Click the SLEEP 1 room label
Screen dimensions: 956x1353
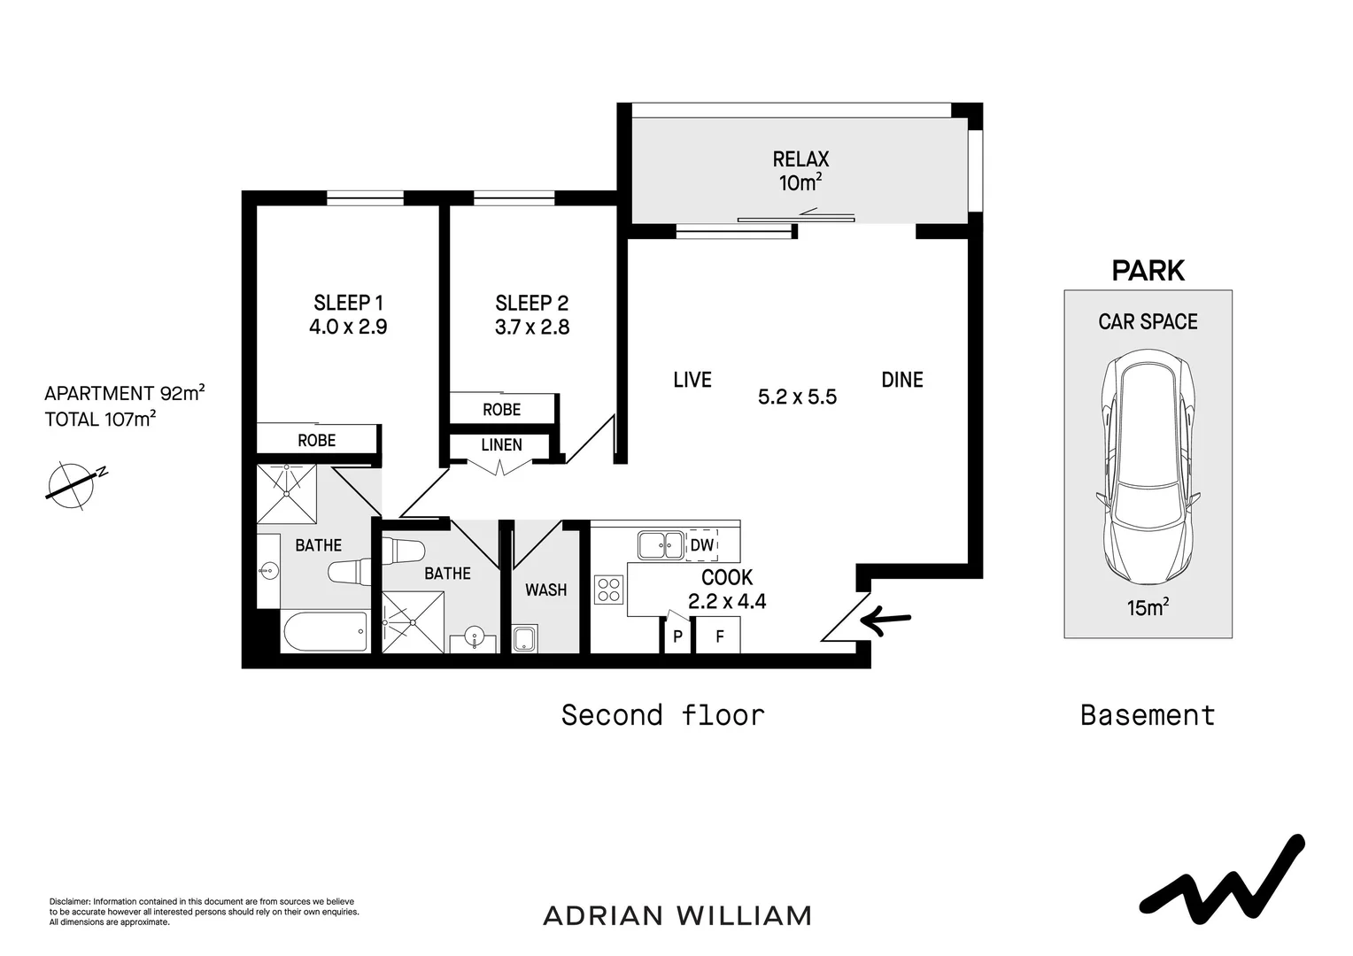(x=348, y=303)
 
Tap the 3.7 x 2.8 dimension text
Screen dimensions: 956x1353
(x=531, y=328)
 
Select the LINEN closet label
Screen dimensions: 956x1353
(x=501, y=445)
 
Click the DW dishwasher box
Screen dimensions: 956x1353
(x=701, y=545)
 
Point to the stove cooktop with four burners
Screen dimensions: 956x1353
(x=609, y=590)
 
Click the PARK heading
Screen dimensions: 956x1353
(x=1148, y=271)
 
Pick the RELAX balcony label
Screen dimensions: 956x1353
(x=800, y=159)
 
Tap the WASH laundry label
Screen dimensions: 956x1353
(x=545, y=590)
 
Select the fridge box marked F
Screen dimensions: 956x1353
(x=719, y=636)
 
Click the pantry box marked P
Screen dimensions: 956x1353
(x=677, y=636)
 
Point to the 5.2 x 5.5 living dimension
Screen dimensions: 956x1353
(x=797, y=397)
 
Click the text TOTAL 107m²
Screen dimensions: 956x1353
(x=100, y=420)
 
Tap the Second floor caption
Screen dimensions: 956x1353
(x=662, y=715)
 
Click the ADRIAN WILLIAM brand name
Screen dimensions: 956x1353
(x=677, y=915)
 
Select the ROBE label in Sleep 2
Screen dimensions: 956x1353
(x=501, y=410)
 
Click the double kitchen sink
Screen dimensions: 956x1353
(x=661, y=545)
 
